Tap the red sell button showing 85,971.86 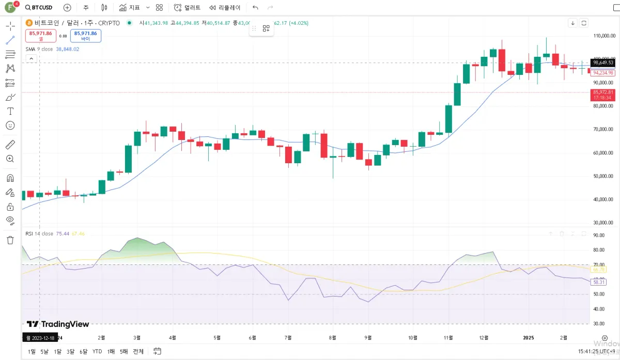(40, 35)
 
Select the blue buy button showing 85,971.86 (85, 35)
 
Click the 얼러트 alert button (187, 8)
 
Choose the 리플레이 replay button (225, 8)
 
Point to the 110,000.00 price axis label (603, 36)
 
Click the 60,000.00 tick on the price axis (603, 153)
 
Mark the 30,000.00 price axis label (603, 223)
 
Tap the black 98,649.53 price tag (603, 62)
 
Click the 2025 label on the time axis (528, 338)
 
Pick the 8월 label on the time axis (333, 338)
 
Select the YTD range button (97, 351)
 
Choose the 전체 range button (138, 351)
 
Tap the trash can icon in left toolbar (10, 240)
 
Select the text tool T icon (10, 111)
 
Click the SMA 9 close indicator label (39, 49)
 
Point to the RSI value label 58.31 (599, 283)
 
